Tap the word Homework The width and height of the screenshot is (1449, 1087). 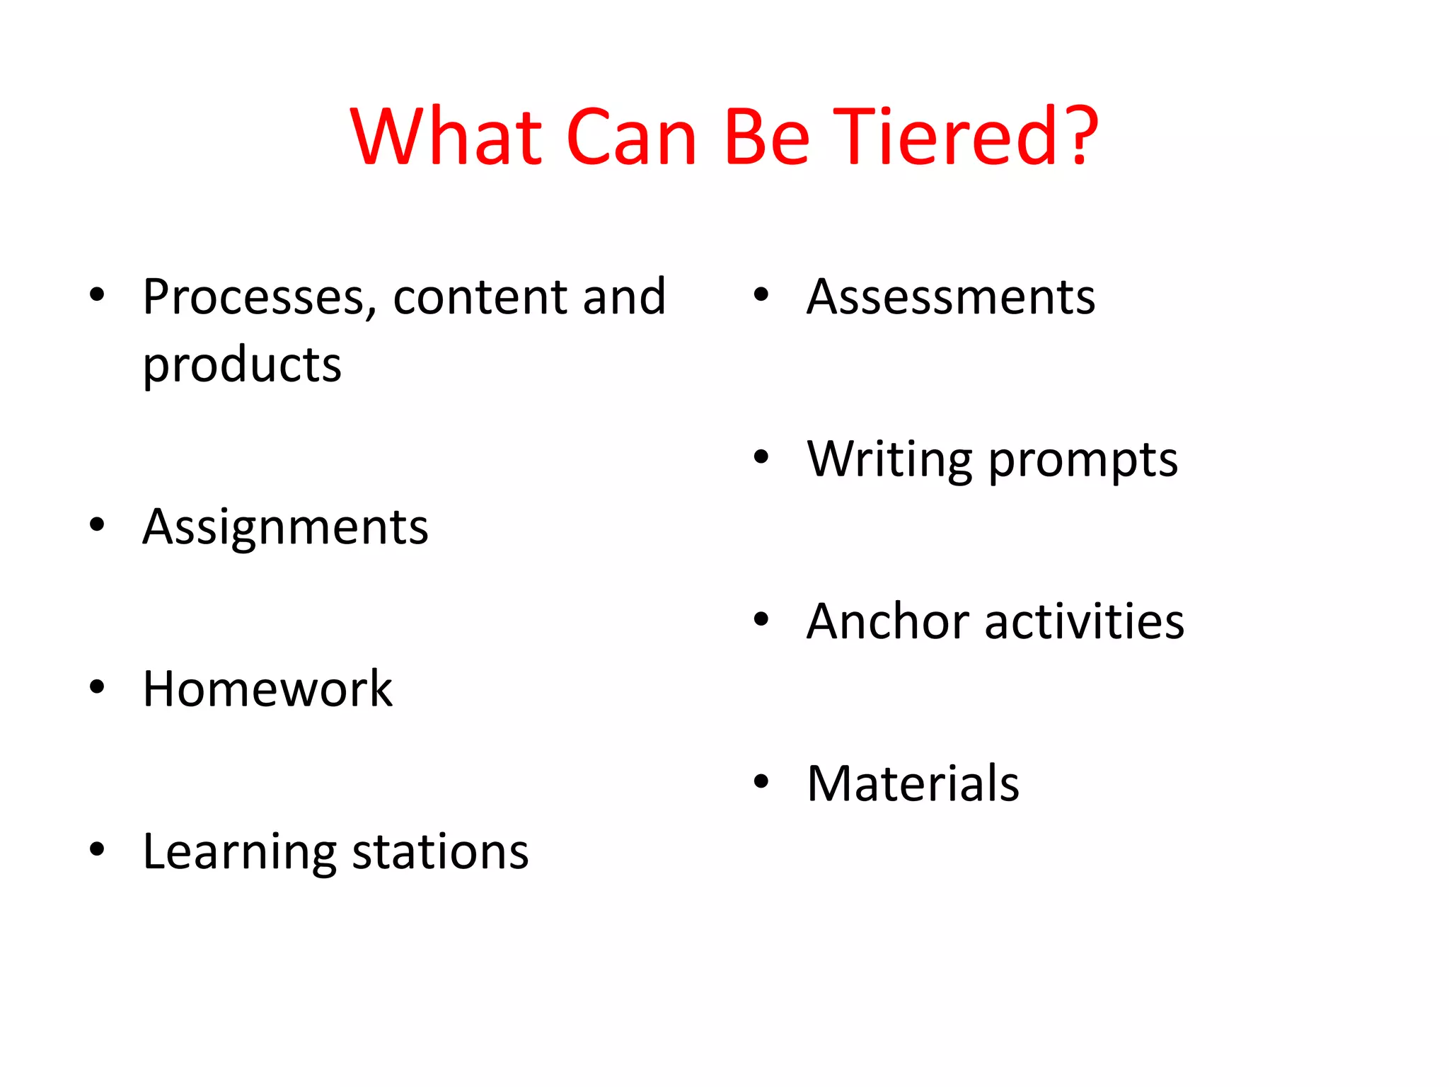point(267,689)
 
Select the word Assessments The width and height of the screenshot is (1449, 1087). point(951,297)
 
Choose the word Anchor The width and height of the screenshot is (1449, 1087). point(887,621)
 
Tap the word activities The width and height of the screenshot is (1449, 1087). point(1084,621)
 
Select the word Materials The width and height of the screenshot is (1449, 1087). point(913,784)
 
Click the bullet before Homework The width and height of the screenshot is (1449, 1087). point(97,686)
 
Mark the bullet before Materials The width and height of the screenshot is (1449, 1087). point(761,782)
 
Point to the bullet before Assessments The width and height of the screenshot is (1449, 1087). point(761,294)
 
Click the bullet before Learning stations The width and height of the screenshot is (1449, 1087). point(97,849)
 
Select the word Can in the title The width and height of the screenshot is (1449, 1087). point(632,137)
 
